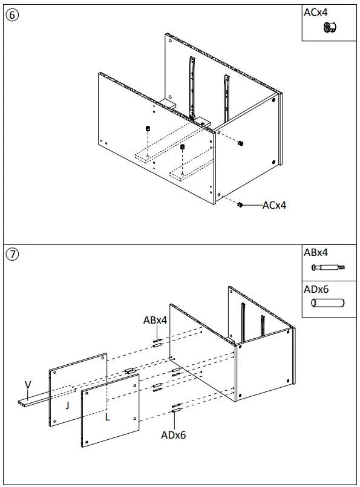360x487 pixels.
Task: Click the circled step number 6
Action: click(x=11, y=16)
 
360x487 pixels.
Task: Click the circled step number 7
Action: click(x=11, y=253)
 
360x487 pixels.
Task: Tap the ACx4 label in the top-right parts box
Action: click(x=316, y=11)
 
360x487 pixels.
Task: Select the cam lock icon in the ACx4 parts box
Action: click(x=330, y=27)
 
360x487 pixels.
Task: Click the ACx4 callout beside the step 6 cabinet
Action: click(x=274, y=205)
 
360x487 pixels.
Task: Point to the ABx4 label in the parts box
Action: click(x=316, y=253)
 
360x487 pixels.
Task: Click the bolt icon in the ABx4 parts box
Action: click(x=327, y=267)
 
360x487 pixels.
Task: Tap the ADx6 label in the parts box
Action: click(x=316, y=289)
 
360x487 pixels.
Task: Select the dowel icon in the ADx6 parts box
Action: click(x=327, y=304)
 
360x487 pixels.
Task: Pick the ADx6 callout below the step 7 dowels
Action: click(x=174, y=434)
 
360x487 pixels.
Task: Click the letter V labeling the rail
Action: click(x=27, y=385)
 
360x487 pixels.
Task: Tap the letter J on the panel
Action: click(x=67, y=406)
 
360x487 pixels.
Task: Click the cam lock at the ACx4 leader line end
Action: click(x=240, y=205)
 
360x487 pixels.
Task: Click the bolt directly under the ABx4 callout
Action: click(x=156, y=342)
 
